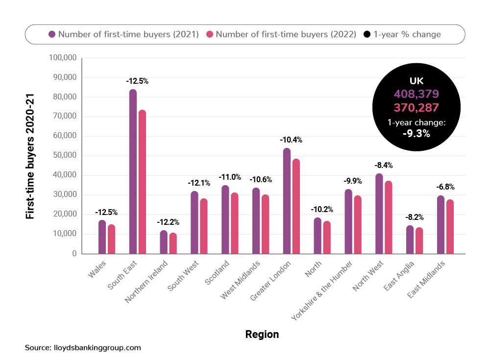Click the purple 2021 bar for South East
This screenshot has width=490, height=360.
tap(133, 171)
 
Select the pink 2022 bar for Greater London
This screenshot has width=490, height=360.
tap(296, 206)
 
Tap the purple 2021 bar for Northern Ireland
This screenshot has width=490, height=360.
tap(164, 242)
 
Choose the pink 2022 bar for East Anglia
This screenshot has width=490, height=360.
tap(419, 240)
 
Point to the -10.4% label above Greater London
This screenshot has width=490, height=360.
tap(291, 140)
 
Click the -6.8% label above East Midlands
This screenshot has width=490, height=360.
tap(445, 187)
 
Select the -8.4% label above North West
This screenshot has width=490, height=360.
tap(383, 165)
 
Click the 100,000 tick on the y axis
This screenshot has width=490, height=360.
tap(63, 58)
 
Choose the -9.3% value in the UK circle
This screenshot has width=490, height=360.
tap(416, 133)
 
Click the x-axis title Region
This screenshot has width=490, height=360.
tap(262, 335)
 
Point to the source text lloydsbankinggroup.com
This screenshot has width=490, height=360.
tap(83, 348)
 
